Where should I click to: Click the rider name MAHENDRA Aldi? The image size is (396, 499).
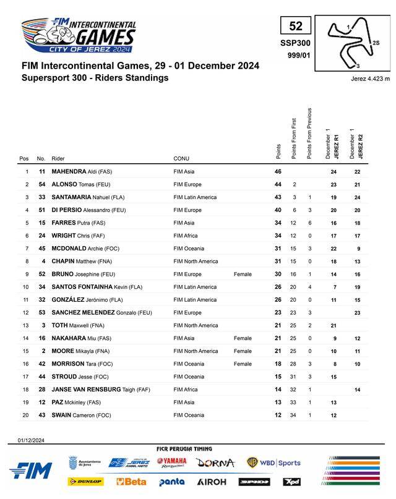82,171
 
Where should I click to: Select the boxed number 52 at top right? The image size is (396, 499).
296,26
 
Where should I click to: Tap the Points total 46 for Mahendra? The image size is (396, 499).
278,171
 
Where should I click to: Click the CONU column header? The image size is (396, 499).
181,159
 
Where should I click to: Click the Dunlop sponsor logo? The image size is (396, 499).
85,481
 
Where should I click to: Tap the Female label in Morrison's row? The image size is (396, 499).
243,364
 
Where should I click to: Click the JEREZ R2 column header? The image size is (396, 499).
356,145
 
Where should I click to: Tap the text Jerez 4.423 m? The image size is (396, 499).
369,79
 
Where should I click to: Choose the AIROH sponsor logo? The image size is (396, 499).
212,481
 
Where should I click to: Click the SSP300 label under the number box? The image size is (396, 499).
296,43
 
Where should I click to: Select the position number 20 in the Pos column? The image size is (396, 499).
27,415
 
